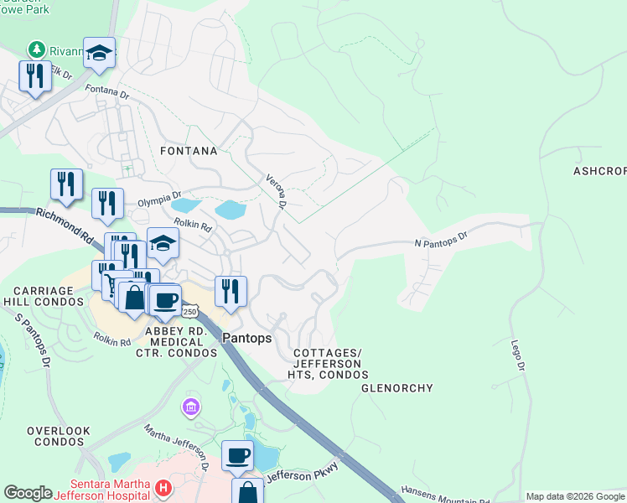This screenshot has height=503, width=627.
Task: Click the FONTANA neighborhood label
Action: pyautogui.click(x=189, y=152)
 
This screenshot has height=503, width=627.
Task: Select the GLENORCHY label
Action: pyautogui.click(x=396, y=388)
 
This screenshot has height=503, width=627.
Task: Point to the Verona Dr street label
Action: pyautogui.click(x=277, y=191)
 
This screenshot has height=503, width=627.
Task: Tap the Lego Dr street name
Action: pyautogui.click(x=519, y=355)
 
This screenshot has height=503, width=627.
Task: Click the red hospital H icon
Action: pyautogui.click(x=163, y=487)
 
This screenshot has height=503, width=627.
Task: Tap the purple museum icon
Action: pyautogui.click(x=191, y=407)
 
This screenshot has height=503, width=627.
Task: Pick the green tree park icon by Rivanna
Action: pyautogui.click(x=36, y=50)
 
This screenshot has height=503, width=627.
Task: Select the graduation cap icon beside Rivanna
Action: pyautogui.click(x=99, y=53)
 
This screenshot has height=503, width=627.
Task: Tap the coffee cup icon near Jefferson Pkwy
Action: pyautogui.click(x=238, y=454)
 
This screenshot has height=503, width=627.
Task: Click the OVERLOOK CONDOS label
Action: pyautogui.click(x=58, y=436)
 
